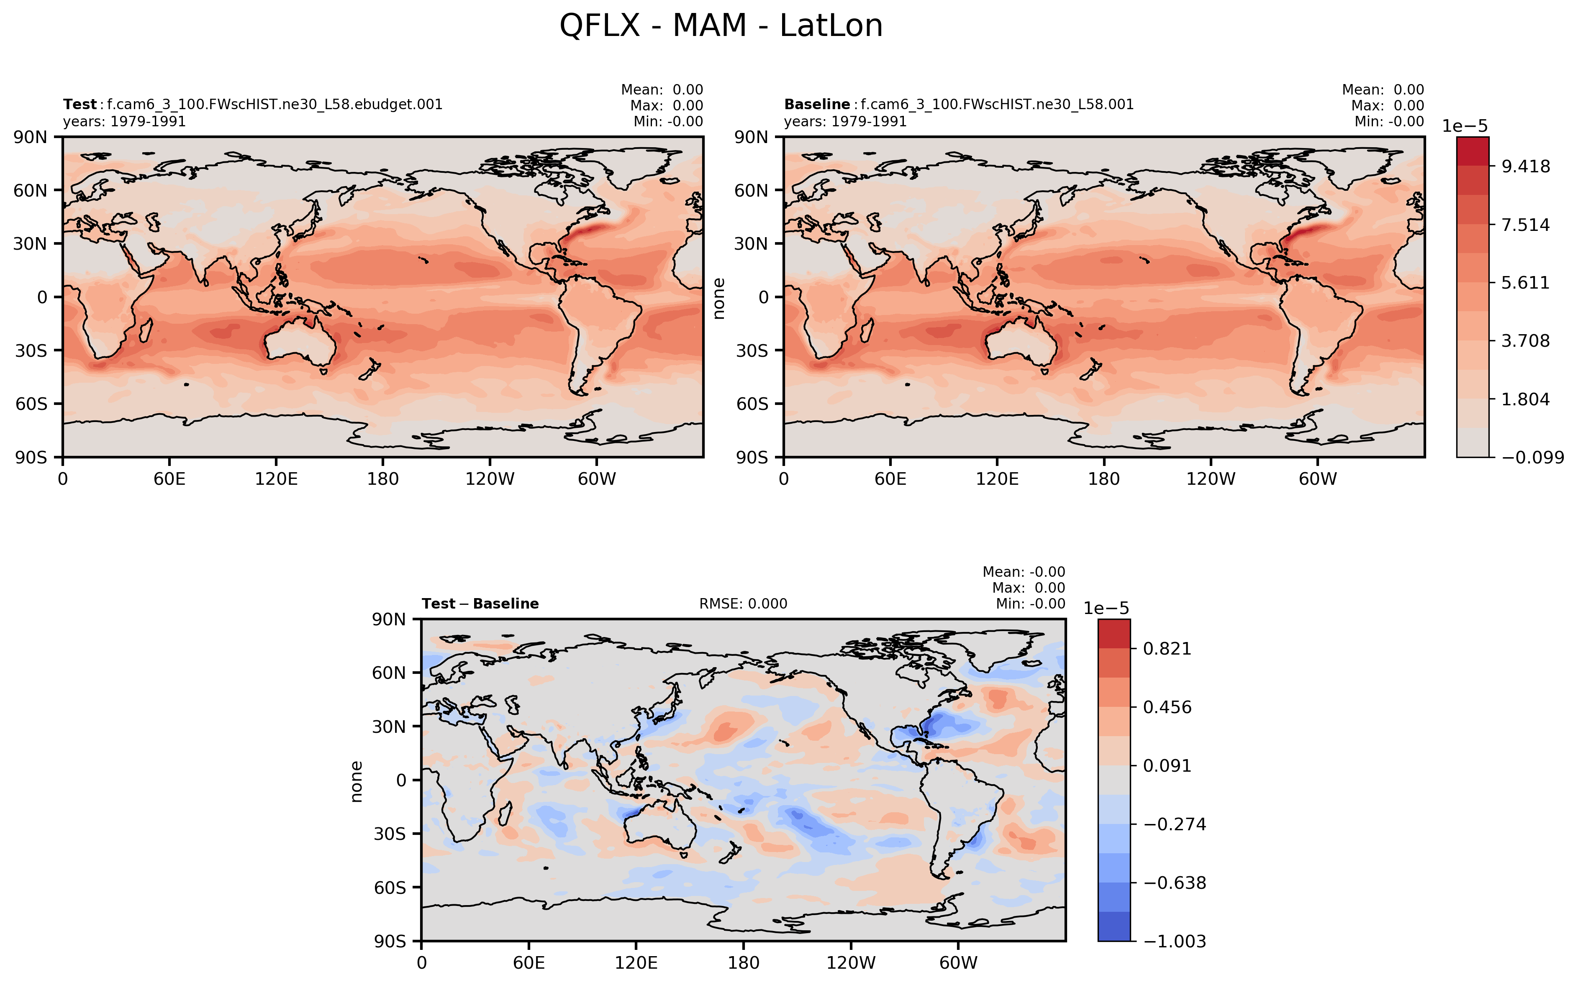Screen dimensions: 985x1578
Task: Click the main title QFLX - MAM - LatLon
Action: tap(721, 26)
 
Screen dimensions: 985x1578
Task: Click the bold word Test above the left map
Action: tap(80, 104)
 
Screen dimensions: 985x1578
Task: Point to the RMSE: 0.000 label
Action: tap(743, 604)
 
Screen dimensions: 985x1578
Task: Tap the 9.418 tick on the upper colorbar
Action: tap(1526, 167)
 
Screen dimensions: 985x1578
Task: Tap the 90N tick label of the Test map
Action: tap(30, 138)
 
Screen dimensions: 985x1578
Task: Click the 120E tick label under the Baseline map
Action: tap(997, 479)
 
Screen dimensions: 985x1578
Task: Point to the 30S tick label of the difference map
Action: tap(389, 834)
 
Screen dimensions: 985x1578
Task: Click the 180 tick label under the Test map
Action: tap(382, 479)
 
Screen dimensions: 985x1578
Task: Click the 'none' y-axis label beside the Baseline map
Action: tap(719, 298)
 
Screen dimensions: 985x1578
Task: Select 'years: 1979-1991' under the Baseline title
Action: tap(845, 122)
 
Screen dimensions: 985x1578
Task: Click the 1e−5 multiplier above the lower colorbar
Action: tap(1106, 609)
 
